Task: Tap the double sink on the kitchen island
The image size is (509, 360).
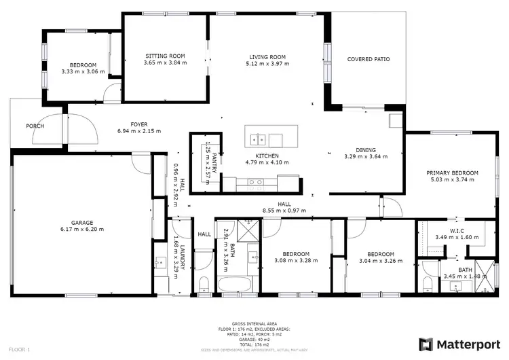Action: tap(258, 141)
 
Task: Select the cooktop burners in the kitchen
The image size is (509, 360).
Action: tap(256, 182)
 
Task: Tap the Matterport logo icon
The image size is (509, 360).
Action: tap(426, 344)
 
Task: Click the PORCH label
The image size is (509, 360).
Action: tap(35, 126)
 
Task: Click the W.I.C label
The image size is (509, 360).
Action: tap(456, 230)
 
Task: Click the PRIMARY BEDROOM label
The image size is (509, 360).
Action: tap(452, 173)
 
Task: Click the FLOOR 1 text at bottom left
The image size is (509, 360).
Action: tap(19, 348)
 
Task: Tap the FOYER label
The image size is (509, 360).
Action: tap(138, 124)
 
